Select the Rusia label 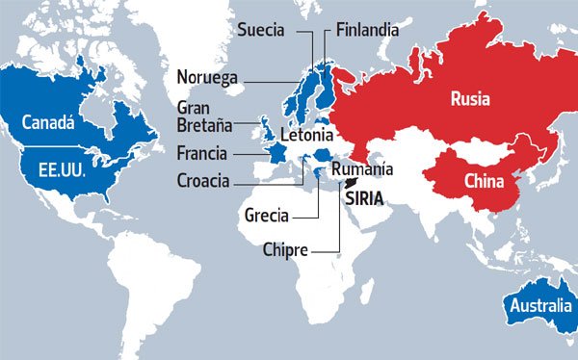tap(470, 99)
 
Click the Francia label tap(202, 153)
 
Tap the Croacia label tap(203, 179)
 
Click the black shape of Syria tap(354, 183)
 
